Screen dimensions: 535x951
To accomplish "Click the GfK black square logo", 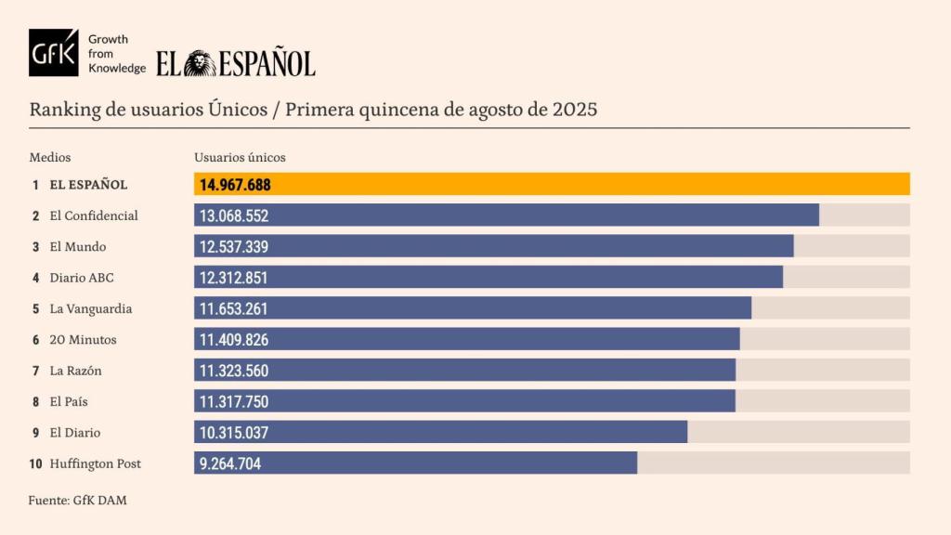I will [54, 53].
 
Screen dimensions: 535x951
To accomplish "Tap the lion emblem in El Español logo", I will [200, 63].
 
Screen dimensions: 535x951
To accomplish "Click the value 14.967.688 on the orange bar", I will [235, 185].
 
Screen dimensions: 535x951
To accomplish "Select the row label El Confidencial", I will [94, 215].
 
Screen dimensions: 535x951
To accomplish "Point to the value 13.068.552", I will [233, 215].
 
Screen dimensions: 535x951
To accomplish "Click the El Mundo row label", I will [78, 247].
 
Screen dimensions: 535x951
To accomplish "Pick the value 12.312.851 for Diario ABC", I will [233, 278].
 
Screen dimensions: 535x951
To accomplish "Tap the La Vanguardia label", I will [91, 308].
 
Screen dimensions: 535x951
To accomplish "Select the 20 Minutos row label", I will [83, 340].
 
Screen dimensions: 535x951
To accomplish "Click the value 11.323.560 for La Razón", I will [233, 371].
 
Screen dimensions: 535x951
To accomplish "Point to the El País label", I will [69, 401].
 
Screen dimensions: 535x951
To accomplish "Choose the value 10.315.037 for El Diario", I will [233, 433].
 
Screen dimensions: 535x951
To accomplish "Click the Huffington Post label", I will [96, 463].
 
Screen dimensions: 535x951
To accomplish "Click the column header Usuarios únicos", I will [240, 158].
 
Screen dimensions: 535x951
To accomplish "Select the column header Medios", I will [50, 158].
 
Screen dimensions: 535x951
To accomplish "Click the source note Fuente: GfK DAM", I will [78, 501].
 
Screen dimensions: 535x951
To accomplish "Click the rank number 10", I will [35, 463].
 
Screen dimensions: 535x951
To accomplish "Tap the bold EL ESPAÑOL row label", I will [88, 185].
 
